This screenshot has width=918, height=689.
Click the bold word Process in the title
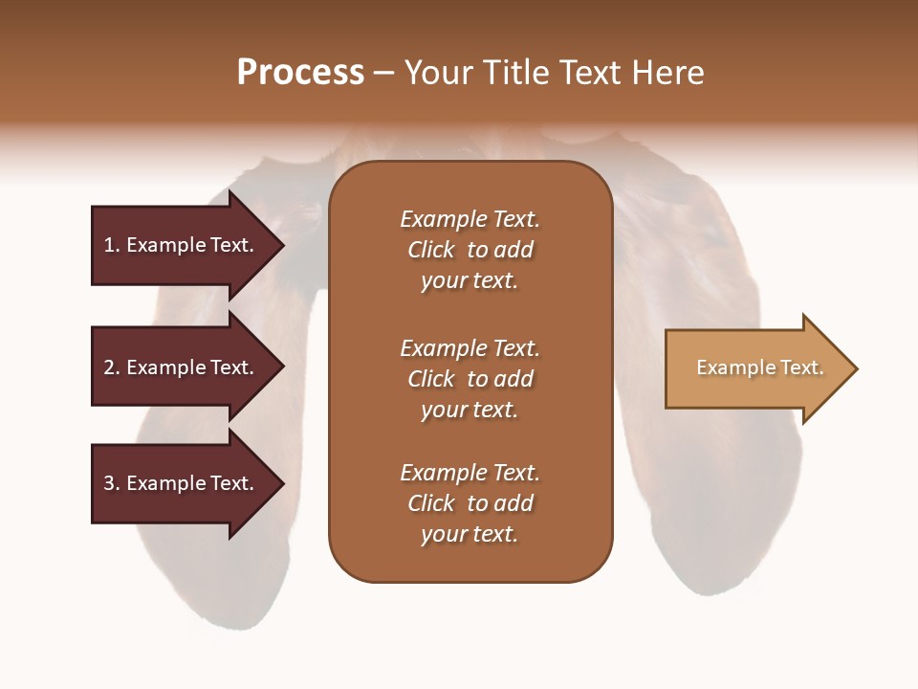pos(300,73)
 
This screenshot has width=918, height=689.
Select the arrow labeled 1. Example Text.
pos(182,245)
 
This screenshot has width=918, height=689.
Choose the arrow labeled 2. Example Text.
pos(182,367)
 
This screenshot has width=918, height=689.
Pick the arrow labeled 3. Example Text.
pos(182,483)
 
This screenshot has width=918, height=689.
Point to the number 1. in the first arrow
pos(112,245)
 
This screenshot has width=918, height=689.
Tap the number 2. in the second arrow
pos(112,367)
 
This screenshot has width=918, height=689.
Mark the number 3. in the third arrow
pos(112,483)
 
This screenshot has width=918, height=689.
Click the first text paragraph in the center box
pos(470,250)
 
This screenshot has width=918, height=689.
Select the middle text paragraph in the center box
pos(470,379)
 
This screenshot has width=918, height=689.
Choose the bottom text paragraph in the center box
pos(470,503)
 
